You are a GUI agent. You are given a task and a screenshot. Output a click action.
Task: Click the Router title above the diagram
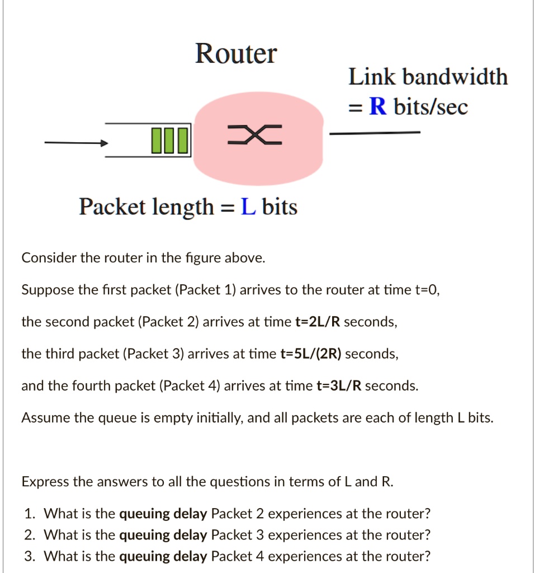point(235,54)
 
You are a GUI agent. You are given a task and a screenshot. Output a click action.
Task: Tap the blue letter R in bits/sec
point(379,106)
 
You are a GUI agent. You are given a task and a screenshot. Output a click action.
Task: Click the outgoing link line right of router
point(374,133)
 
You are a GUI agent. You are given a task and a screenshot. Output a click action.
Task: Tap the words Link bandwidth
point(428,77)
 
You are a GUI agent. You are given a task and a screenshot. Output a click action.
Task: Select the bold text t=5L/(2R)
point(311,354)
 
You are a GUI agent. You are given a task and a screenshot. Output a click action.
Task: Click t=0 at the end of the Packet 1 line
point(427,290)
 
